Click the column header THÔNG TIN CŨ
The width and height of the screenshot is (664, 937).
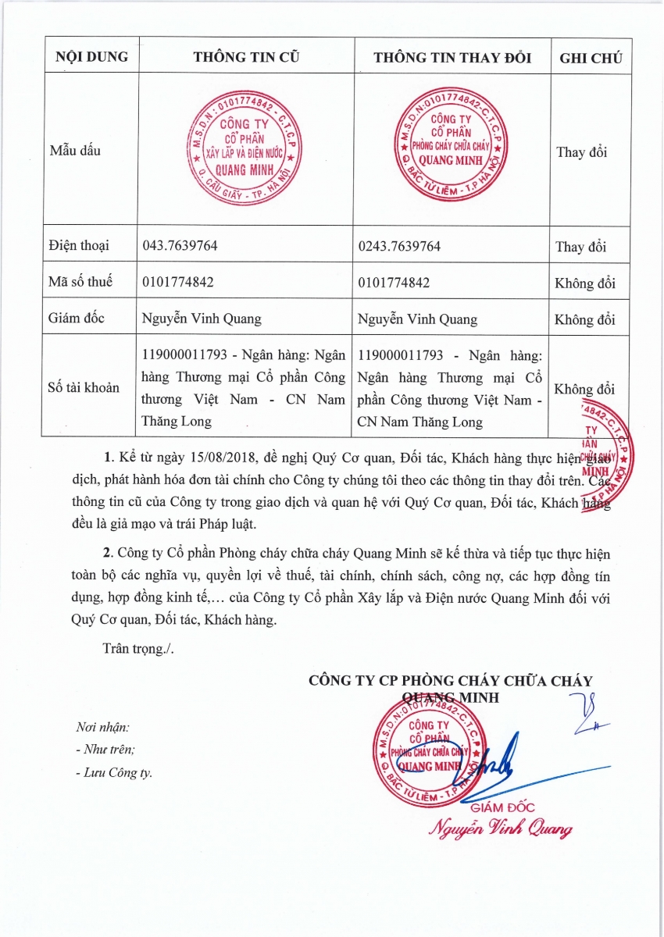[x=246, y=58]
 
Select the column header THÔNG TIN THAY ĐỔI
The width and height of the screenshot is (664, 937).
[x=452, y=58]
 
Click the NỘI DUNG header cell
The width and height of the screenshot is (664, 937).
[x=90, y=58]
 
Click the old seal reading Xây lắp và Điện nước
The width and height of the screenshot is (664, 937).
[x=241, y=148]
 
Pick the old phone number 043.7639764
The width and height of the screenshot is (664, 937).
[x=180, y=246]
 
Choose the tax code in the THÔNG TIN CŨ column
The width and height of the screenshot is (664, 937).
[x=178, y=283]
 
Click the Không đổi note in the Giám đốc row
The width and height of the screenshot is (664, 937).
[x=585, y=319]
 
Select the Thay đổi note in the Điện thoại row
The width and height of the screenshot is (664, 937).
[x=580, y=247]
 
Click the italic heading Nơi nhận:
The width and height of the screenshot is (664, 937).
[x=102, y=727]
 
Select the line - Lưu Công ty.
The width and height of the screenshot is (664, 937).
[x=114, y=773]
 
